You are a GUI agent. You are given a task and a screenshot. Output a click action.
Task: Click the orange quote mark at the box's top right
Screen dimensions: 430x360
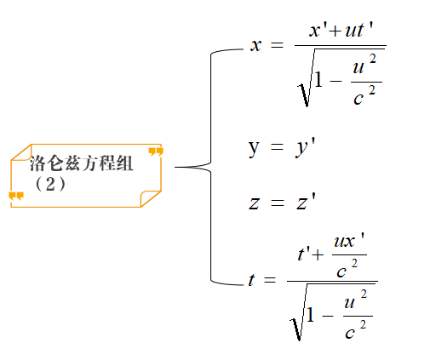pyautogui.click(x=156, y=151)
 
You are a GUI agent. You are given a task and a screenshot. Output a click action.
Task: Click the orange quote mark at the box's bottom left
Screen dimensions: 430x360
pyautogui.click(x=16, y=196)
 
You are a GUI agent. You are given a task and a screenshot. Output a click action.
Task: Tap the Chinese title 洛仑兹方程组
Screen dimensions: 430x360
pyautogui.click(x=81, y=163)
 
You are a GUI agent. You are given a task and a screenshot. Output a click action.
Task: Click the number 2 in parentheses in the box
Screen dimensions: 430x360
pyautogui.click(x=50, y=185)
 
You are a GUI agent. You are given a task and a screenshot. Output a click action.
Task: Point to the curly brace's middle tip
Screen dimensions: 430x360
pyautogui.click(x=175, y=167)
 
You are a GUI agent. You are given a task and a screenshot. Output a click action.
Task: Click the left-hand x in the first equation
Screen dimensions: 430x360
pyautogui.click(x=255, y=45)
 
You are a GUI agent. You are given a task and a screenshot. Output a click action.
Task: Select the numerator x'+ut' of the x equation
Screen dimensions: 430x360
pyautogui.click(x=341, y=30)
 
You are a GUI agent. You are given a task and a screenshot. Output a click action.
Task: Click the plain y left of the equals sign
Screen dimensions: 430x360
pyautogui.click(x=254, y=148)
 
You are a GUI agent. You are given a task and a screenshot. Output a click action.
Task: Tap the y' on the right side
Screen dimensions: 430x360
pyautogui.click(x=305, y=147)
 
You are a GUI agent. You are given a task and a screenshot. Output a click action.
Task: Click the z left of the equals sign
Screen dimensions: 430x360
pyautogui.click(x=254, y=203)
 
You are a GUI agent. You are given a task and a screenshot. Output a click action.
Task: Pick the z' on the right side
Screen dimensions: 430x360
pyautogui.click(x=306, y=201)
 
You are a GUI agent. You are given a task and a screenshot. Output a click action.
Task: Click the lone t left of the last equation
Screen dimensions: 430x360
pyautogui.click(x=251, y=280)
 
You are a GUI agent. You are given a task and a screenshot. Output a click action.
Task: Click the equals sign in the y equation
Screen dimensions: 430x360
pyautogui.click(x=277, y=147)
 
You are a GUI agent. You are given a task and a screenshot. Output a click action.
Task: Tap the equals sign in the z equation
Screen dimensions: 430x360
pyautogui.click(x=277, y=203)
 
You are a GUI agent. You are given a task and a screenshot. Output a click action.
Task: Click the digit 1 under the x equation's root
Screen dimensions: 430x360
pyautogui.click(x=318, y=79)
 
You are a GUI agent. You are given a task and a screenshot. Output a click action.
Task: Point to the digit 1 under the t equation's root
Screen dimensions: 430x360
pyautogui.click(x=311, y=314)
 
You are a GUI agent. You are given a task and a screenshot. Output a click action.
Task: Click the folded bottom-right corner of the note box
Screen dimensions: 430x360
pyautogui.click(x=151, y=198)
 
